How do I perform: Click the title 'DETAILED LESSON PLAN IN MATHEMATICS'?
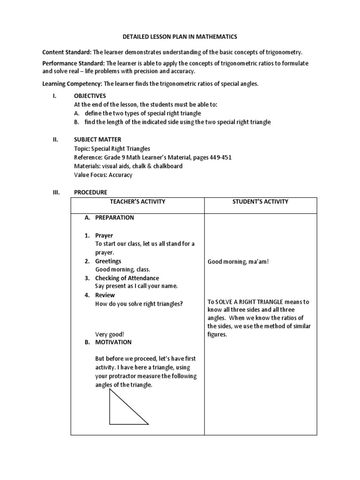click(180, 36)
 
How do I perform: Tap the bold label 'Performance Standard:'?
click(74, 63)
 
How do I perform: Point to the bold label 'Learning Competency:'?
click(72, 83)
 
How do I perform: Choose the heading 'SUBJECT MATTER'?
click(97, 139)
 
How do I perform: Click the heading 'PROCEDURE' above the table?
click(90, 192)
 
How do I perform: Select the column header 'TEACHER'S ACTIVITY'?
click(137, 202)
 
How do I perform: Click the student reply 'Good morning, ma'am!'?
click(238, 262)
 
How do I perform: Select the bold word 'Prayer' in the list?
click(104, 235)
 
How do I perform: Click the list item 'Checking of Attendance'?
click(127, 278)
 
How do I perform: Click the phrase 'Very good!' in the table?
click(110, 334)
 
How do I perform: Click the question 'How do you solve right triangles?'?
click(139, 304)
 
